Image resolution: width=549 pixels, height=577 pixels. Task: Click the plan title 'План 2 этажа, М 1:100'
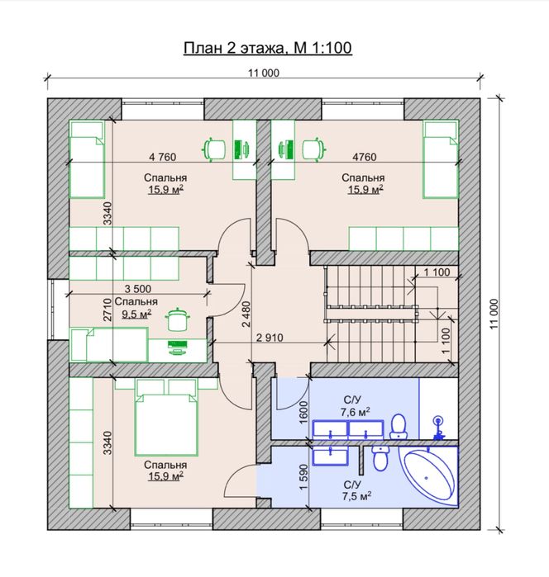coord(268,48)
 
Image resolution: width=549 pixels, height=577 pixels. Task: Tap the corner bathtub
coord(430,476)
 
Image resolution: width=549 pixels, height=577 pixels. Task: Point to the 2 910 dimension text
coord(270,338)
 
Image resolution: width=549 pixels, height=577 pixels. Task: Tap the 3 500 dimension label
coord(137,289)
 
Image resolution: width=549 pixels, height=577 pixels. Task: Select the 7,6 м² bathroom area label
coord(355,412)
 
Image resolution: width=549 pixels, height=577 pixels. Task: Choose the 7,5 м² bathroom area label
coord(356,496)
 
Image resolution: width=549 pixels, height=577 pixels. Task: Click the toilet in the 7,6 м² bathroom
coord(399,427)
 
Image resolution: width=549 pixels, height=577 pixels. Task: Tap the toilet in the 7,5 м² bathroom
coord(380,458)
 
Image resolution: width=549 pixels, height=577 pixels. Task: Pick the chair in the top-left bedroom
coord(214,149)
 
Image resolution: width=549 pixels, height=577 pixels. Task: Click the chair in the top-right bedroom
coord(315,149)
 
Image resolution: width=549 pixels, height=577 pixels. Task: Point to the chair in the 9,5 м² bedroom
coord(178,319)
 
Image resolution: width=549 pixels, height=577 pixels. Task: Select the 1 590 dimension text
coord(303,477)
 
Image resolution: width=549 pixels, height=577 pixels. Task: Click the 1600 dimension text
coord(303,412)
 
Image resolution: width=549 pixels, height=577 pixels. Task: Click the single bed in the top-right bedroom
coord(441,159)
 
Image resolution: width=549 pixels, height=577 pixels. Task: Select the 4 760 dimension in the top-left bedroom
coord(163,157)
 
